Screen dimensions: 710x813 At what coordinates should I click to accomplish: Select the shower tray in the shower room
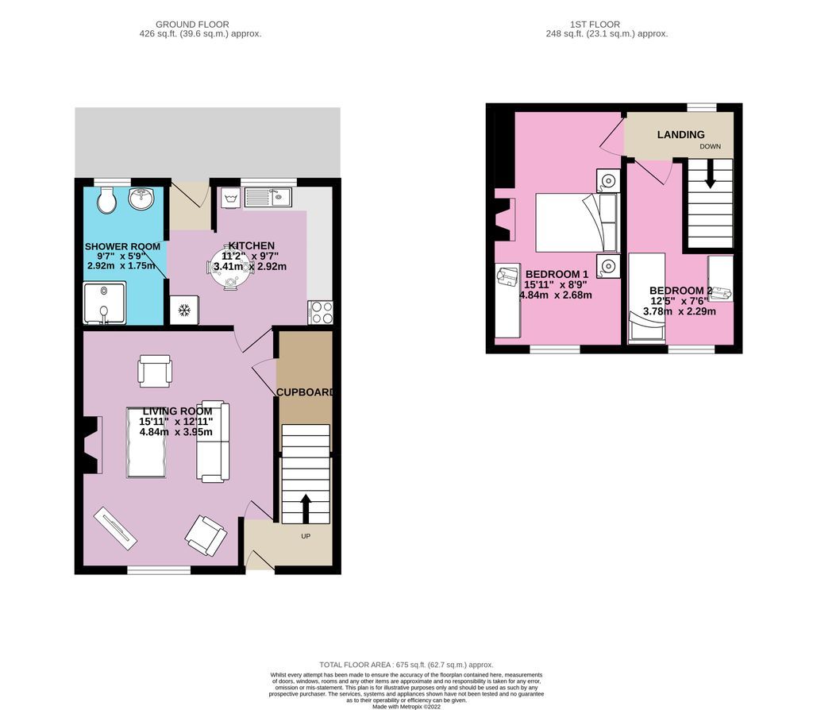[x=103, y=303]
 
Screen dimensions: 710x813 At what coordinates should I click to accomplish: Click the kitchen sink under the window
[x=269, y=195]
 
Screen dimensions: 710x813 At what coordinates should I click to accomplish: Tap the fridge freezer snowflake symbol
[x=183, y=309]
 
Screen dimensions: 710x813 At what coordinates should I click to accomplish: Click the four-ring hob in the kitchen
[x=321, y=312]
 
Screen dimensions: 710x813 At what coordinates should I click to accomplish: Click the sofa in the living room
[x=214, y=442]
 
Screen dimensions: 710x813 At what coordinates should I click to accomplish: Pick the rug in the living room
[x=147, y=442]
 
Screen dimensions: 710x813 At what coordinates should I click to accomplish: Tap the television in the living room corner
[x=115, y=529]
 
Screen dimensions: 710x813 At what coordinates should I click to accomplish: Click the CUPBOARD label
[x=305, y=392]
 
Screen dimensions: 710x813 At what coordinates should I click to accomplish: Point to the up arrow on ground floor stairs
[x=306, y=507]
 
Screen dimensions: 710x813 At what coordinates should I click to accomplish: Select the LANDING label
[x=680, y=135]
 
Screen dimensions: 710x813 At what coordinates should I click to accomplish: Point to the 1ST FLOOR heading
[x=607, y=25]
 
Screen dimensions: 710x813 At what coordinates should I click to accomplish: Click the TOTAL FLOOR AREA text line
[x=406, y=665]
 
